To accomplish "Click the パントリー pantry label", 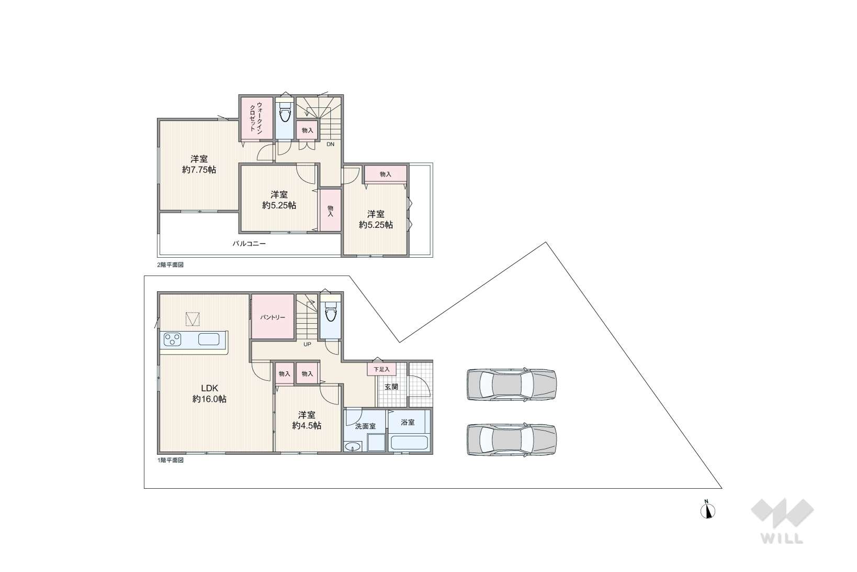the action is click(x=273, y=317).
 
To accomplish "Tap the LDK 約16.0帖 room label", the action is click(x=209, y=393).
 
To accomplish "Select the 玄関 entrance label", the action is click(x=391, y=387).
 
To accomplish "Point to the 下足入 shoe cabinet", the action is click(x=381, y=369).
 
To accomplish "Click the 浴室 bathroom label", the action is click(x=408, y=422).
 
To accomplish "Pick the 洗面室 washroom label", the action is click(x=365, y=426).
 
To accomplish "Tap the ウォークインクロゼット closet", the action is click(x=256, y=118).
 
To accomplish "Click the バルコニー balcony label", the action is click(x=249, y=243).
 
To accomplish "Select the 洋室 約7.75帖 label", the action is click(x=199, y=164).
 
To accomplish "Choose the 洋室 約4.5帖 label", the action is click(x=307, y=420).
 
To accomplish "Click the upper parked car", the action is click(x=512, y=384).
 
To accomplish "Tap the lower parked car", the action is click(x=512, y=439).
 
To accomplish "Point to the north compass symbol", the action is click(x=707, y=511).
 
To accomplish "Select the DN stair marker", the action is click(x=330, y=145).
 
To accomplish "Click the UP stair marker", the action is click(x=307, y=345).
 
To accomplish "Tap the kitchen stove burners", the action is click(x=172, y=339).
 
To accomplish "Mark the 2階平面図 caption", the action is click(x=170, y=265).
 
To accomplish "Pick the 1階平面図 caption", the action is click(x=170, y=460).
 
